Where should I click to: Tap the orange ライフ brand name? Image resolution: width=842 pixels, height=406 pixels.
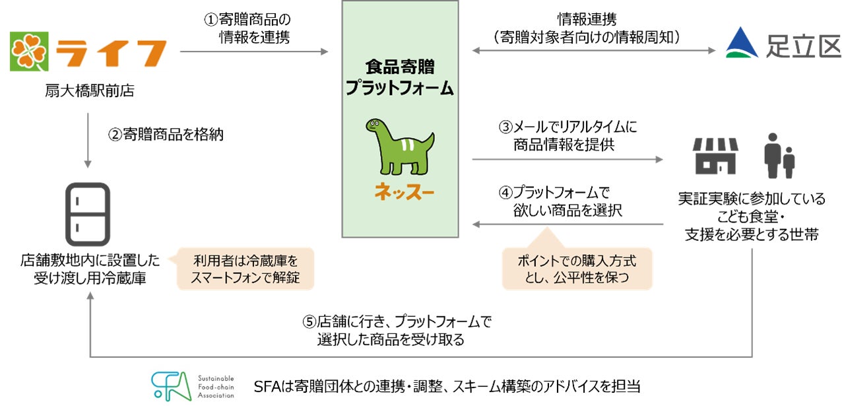pos(110,51)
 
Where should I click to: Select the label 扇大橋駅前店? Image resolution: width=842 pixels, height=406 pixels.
pos(86,91)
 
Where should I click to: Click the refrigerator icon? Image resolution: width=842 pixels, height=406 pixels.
pos(87,214)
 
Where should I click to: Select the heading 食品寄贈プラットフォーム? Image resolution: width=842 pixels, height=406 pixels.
pos(400,77)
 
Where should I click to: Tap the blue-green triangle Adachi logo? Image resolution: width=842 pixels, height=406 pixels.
pos(743,44)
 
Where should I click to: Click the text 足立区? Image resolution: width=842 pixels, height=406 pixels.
pos(802,46)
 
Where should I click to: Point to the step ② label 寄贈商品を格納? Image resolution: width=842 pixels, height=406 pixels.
pos(166,135)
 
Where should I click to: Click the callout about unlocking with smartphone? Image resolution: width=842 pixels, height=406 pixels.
pos(245,269)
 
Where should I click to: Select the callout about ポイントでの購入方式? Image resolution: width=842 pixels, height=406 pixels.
pos(577,269)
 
